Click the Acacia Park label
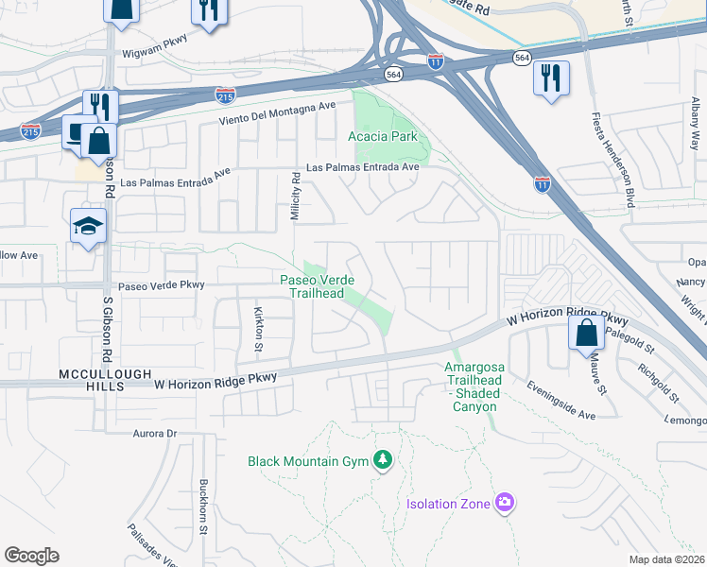(382, 136)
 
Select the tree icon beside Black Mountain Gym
(383, 460)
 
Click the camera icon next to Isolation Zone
(505, 503)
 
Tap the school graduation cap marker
(88, 227)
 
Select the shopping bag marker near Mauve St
(586, 332)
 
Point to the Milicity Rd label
(296, 196)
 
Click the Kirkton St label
(257, 328)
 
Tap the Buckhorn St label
(203, 507)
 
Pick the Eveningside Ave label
(561, 401)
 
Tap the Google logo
(32, 555)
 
